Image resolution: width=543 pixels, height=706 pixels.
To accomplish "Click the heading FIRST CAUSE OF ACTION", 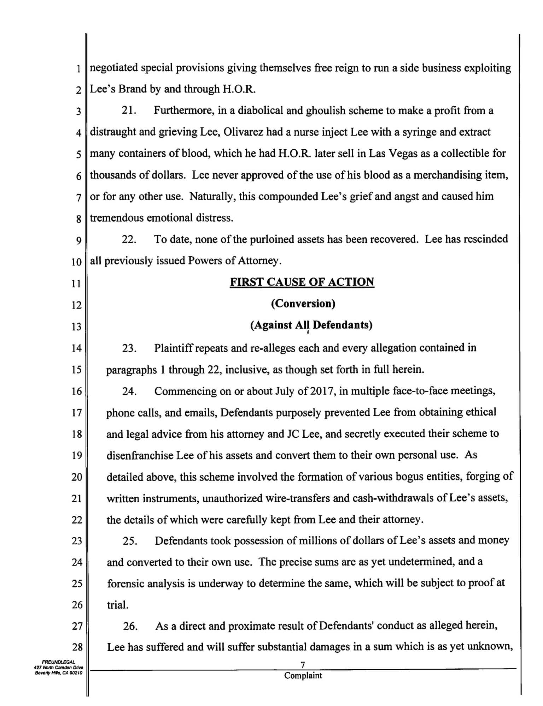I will pyautogui.click(x=302, y=282).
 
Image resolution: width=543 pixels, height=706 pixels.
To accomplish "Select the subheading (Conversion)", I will pyautogui.click(x=303, y=304).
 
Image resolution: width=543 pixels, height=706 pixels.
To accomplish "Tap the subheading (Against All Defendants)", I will pyautogui.click(x=311, y=325).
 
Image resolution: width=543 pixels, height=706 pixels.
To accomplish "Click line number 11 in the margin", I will pyautogui.click(x=76, y=284).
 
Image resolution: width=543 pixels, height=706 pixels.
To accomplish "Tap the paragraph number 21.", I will pyautogui.click(x=129, y=111).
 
